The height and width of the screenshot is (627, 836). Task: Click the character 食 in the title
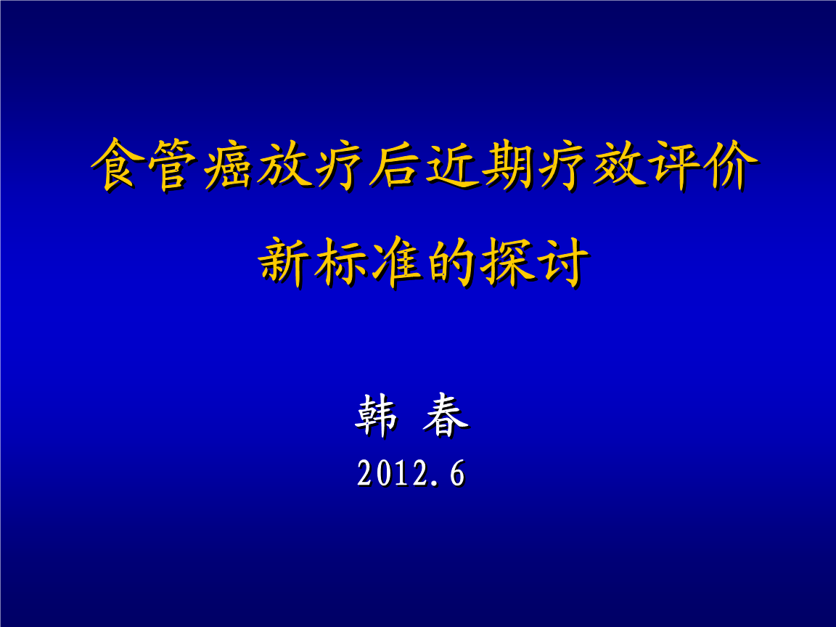(x=116, y=165)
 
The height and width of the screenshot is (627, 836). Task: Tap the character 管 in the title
(x=172, y=165)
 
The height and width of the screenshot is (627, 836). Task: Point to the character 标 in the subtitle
(x=338, y=263)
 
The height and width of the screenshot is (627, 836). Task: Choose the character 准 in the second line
(x=394, y=263)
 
